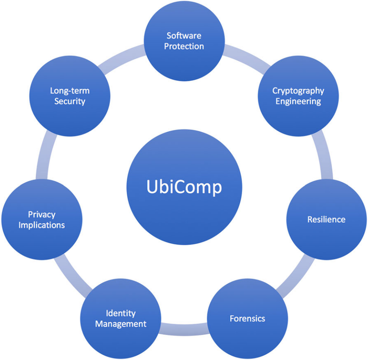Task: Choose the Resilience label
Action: click(x=326, y=219)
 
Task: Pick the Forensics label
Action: click(x=247, y=318)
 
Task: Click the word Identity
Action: click(x=121, y=313)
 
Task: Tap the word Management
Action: click(x=121, y=324)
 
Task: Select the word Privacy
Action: click(x=42, y=214)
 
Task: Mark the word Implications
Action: click(x=42, y=225)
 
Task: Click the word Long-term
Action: click(x=69, y=90)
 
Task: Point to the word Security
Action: click(x=69, y=101)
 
